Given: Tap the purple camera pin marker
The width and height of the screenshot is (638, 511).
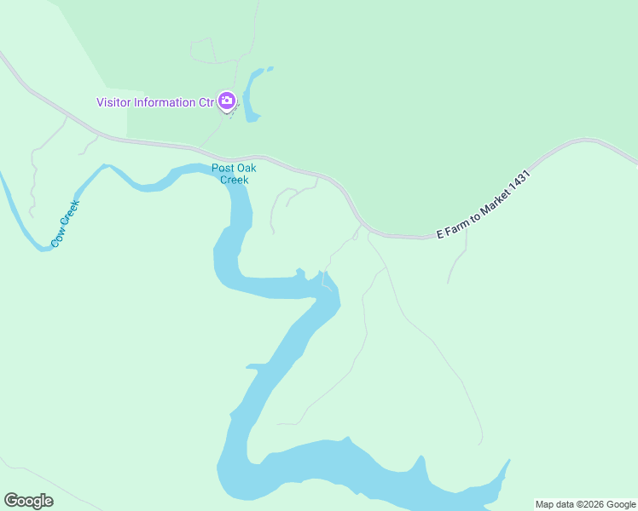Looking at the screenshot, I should coord(227,101).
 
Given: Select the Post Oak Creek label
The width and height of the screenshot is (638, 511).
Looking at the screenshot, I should coord(234,174).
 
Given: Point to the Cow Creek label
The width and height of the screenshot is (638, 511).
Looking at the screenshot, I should coord(65,224).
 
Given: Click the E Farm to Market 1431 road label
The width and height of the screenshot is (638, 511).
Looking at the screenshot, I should coord(483,204).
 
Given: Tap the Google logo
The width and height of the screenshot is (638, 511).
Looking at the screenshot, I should coord(28,501).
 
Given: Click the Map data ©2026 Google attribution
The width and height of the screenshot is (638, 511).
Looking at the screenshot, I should coord(585,504).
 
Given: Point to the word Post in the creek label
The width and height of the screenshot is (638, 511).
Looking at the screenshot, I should coord(223,168).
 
